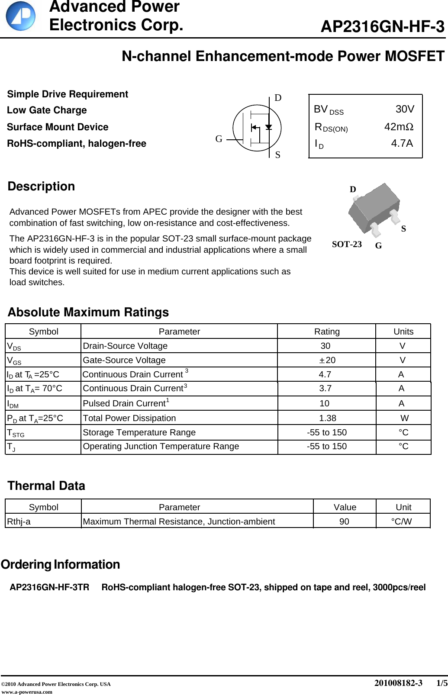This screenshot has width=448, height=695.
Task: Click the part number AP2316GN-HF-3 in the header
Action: click(382, 27)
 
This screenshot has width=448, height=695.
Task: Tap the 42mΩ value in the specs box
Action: click(399, 127)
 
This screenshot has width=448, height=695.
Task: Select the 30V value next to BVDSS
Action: click(405, 109)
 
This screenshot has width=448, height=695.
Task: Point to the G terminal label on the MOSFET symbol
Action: click(219, 139)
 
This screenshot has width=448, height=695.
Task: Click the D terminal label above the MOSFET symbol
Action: click(278, 98)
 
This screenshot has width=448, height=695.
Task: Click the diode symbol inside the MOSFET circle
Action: click(268, 127)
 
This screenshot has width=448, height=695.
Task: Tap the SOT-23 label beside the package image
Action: click(347, 245)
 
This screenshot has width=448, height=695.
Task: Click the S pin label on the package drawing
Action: click(403, 229)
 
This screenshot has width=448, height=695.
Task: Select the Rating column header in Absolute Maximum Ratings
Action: click(327, 332)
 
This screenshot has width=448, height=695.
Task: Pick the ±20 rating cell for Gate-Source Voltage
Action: click(327, 360)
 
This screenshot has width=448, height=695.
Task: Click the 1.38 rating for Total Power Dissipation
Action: click(327, 418)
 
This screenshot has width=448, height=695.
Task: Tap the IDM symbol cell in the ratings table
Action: click(13, 404)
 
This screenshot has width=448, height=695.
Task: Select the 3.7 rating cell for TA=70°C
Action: click(325, 389)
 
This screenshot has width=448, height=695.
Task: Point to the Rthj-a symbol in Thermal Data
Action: click(19, 522)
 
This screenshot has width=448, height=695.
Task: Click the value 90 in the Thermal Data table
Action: click(344, 522)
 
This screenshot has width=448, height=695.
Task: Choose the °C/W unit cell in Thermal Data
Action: click(401, 522)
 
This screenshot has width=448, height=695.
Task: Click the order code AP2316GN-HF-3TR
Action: click(49, 588)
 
